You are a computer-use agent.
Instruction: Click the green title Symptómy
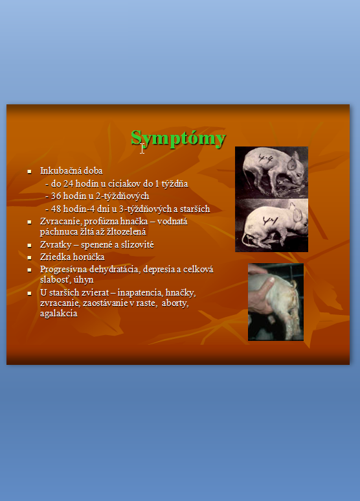(x=179, y=138)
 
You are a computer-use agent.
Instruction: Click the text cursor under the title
(x=142, y=148)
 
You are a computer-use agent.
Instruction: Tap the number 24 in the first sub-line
(x=68, y=183)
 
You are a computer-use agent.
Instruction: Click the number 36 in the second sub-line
(x=56, y=196)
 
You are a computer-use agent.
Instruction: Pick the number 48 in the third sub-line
(x=56, y=209)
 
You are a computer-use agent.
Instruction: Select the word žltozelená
(x=127, y=231)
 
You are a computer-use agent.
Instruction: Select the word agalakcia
(x=59, y=314)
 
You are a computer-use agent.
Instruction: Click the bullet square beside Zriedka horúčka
(x=29, y=257)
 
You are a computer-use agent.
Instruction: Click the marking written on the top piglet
(x=265, y=158)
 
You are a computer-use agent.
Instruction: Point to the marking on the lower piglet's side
(x=270, y=220)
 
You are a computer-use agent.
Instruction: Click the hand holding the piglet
(x=260, y=291)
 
